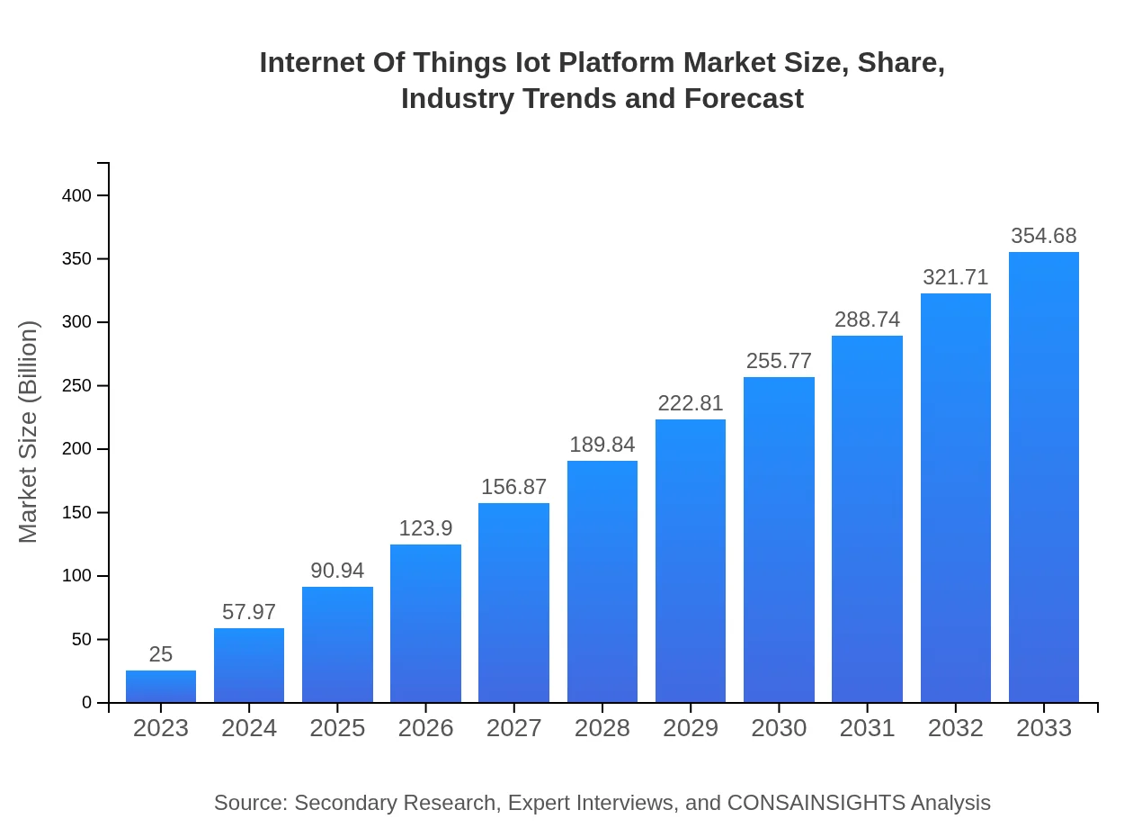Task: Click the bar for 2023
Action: pyautogui.click(x=161, y=687)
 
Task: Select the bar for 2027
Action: pyautogui.click(x=513, y=603)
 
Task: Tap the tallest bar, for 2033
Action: pyautogui.click(x=1043, y=477)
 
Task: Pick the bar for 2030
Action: pyautogui.click(x=779, y=540)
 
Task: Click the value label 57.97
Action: pyautogui.click(x=249, y=612)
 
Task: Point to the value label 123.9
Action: pyautogui.click(x=425, y=528)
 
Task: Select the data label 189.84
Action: pyautogui.click(x=602, y=445)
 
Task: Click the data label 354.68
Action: pyautogui.click(x=1043, y=236)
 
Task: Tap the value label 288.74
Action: pyautogui.click(x=867, y=319)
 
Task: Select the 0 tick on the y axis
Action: pyautogui.click(x=87, y=703)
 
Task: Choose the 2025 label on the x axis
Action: pyautogui.click(x=337, y=728)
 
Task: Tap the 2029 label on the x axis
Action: pyautogui.click(x=691, y=728)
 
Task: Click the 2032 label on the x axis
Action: pyautogui.click(x=955, y=728)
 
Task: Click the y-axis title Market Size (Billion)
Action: pyautogui.click(x=29, y=432)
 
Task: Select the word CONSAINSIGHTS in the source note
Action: pyautogui.click(x=816, y=803)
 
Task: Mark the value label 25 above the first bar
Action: pyautogui.click(x=161, y=654)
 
